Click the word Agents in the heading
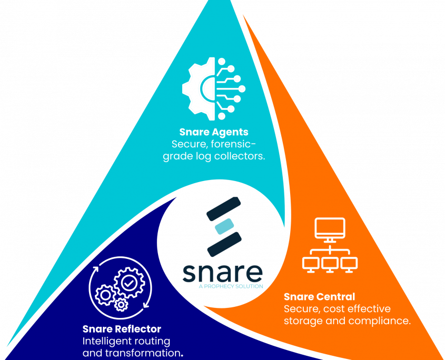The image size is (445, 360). pyautogui.click(x=230, y=132)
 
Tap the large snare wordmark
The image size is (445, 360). pyautogui.click(x=222, y=272)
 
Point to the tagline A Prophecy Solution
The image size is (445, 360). pyautogui.click(x=231, y=286)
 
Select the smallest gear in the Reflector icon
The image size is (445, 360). pyautogui.click(x=121, y=304)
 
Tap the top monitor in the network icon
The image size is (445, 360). pyautogui.click(x=330, y=228)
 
